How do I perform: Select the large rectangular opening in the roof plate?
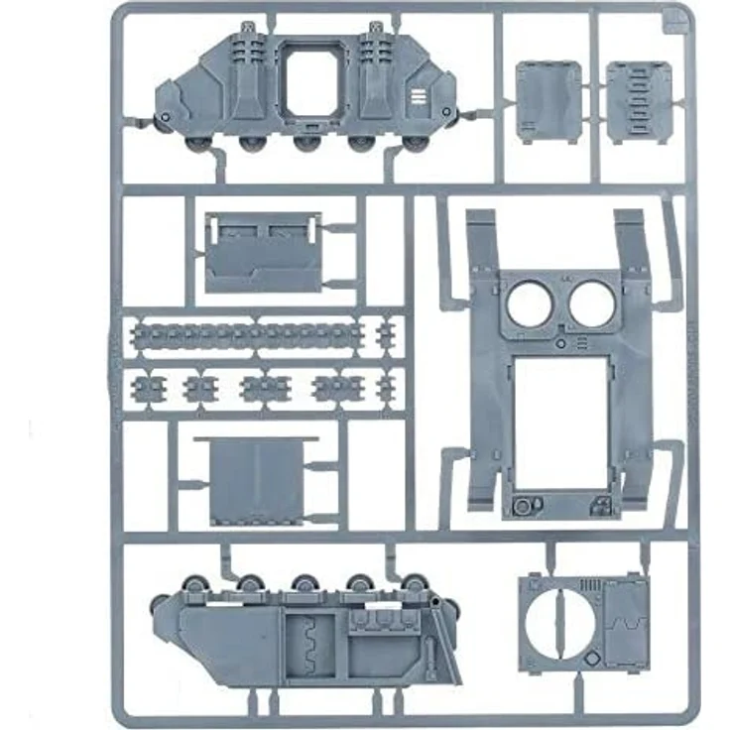click(560, 417)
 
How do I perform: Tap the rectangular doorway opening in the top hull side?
click(314, 94)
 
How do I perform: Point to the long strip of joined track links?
click(246, 334)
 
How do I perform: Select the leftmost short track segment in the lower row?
click(150, 386)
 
